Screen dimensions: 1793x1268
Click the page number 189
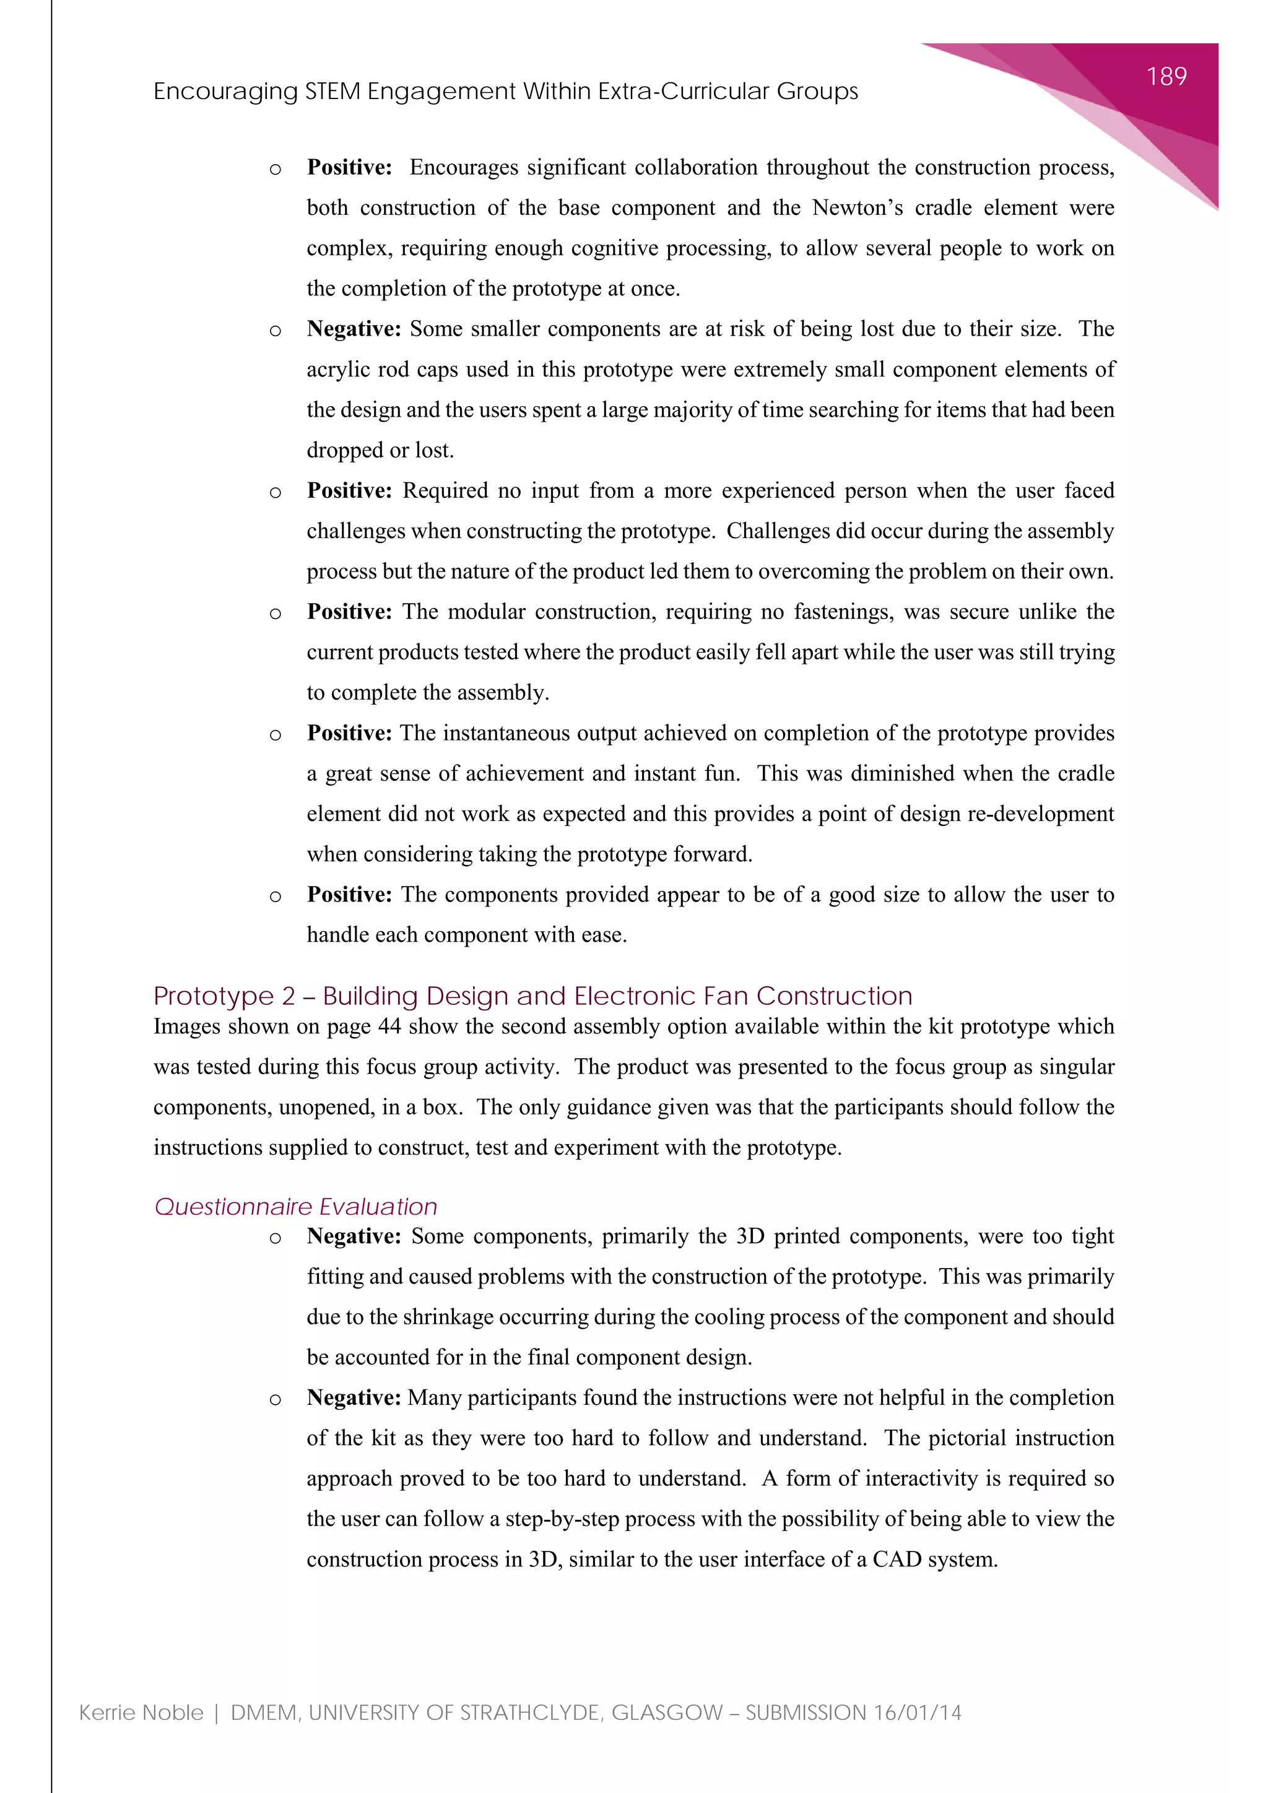coord(1166,77)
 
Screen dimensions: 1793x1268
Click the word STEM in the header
coord(332,92)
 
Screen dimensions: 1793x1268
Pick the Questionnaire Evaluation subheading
coord(296,1207)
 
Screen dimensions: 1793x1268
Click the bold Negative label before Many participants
coord(354,1398)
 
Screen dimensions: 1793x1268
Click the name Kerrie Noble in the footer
coord(141,1713)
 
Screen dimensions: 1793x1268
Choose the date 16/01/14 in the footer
coord(918,1713)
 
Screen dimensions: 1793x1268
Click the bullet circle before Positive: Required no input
coord(275,492)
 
